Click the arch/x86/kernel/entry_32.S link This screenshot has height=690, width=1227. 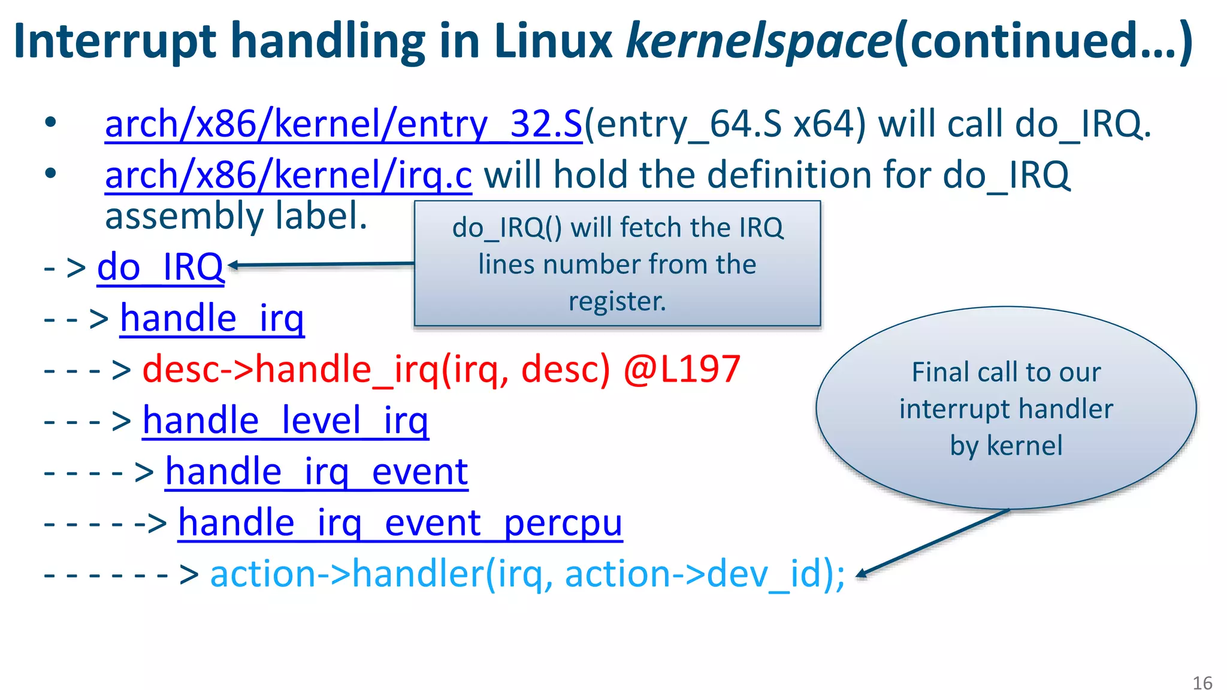[x=343, y=125]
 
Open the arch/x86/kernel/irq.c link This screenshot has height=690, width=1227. [x=288, y=175]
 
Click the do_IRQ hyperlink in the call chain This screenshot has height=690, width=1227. [x=161, y=267]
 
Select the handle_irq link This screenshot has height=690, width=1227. [x=212, y=318]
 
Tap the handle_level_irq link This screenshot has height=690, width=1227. [x=285, y=420]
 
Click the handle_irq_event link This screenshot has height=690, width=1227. [x=316, y=472]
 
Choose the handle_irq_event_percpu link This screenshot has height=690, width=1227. [x=400, y=523]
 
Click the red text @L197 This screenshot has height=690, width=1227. [x=682, y=369]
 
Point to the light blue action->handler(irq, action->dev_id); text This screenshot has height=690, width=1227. [x=527, y=574]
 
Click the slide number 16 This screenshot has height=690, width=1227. [x=1202, y=683]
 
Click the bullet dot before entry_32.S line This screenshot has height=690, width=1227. [x=50, y=123]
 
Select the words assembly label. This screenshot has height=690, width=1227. [x=236, y=216]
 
